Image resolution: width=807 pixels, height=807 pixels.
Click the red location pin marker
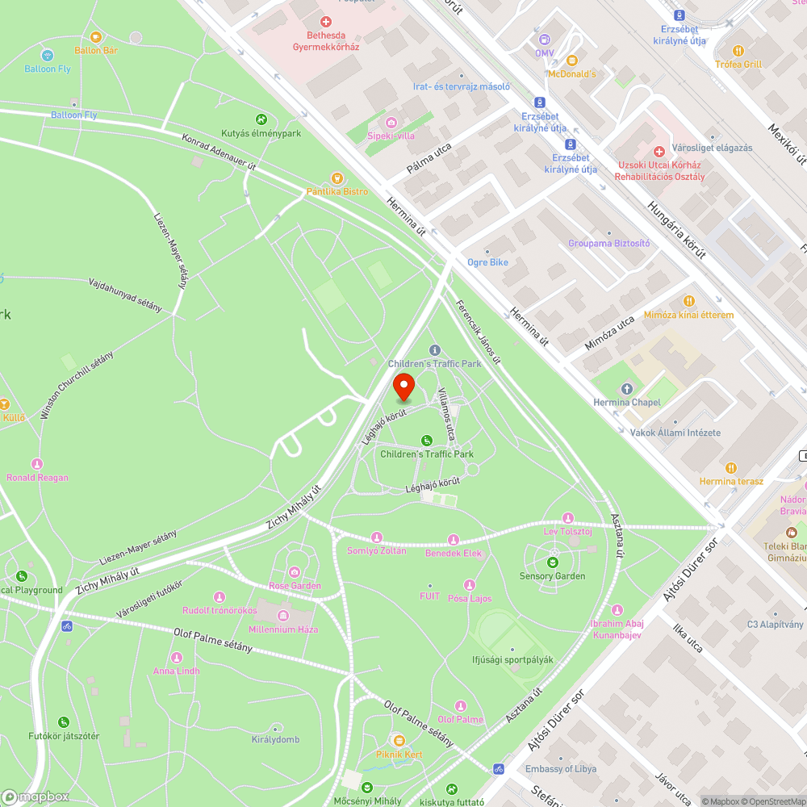click(403, 387)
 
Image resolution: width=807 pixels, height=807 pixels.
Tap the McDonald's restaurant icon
click(571, 61)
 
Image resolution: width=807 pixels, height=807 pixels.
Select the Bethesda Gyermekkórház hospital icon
click(326, 22)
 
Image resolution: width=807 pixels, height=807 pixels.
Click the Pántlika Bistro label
click(337, 191)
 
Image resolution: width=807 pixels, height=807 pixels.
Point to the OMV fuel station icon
click(544, 39)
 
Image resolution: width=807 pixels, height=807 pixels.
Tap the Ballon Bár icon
click(96, 37)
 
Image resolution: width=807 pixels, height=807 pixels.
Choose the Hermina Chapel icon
click(626, 389)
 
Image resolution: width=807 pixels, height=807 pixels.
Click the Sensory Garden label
click(553, 576)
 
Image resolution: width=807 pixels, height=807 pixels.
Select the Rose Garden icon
click(295, 572)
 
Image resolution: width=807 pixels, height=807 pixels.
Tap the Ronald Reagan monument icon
click(37, 464)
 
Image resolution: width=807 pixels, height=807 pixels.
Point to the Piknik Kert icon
click(398, 740)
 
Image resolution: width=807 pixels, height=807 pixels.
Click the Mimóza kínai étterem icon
click(688, 300)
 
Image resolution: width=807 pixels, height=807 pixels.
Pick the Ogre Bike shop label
click(487, 262)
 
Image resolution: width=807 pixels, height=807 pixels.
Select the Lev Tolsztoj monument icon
click(568, 518)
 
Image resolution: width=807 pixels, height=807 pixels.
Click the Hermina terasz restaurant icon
click(731, 467)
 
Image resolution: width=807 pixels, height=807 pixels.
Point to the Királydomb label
click(275, 739)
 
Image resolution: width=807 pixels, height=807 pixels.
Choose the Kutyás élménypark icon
click(261, 119)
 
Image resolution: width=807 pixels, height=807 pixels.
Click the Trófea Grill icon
click(738, 50)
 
